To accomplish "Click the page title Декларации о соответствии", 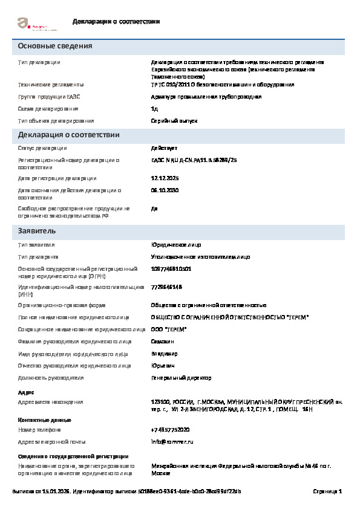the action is pyautogui.click(x=116, y=22).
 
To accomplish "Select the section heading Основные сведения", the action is pyautogui.click(x=55, y=47).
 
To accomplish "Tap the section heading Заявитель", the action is pyautogui.click(x=37, y=231).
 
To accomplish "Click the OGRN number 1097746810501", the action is pyautogui.click(x=171, y=268).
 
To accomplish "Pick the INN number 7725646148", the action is pyautogui.click(x=166, y=287).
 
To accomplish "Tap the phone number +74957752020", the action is pyautogui.click(x=170, y=430).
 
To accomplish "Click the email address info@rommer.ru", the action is pyautogui.click(x=172, y=442).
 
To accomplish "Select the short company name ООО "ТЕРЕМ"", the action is pyautogui.click(x=169, y=329).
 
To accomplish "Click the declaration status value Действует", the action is pyautogui.click(x=164, y=148).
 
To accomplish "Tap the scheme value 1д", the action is pyautogui.click(x=154, y=109).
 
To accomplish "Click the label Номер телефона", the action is pyautogui.click(x=40, y=430).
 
